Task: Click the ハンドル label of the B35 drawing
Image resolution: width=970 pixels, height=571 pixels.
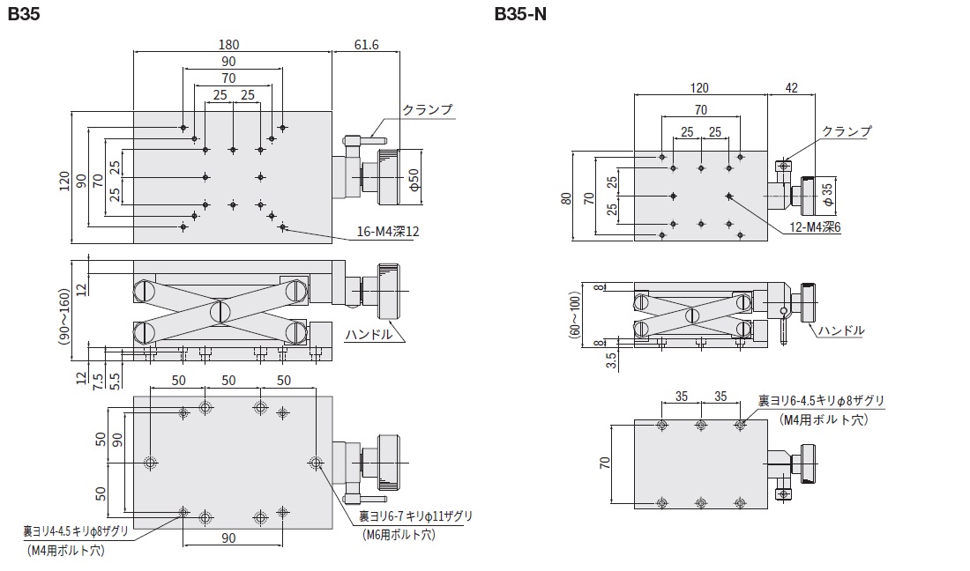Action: (x=369, y=336)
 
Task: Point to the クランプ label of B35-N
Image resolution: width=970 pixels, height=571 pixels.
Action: (x=846, y=131)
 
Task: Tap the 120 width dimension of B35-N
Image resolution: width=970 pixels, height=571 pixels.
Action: (x=699, y=87)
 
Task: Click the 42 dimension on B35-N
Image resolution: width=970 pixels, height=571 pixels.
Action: (x=790, y=87)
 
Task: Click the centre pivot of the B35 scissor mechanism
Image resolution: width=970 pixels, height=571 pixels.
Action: (x=220, y=311)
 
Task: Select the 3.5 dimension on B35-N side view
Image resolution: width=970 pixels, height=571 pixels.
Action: (x=611, y=360)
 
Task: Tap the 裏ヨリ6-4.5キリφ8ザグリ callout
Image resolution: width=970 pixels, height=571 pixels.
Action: (x=821, y=402)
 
